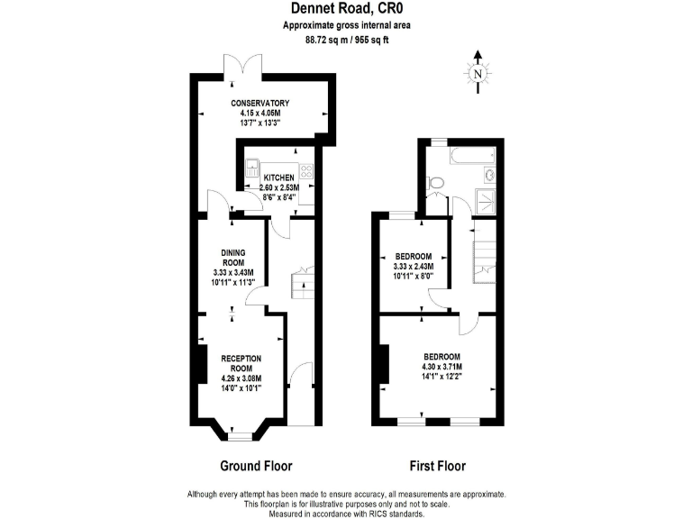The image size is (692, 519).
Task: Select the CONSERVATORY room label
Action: (259, 103)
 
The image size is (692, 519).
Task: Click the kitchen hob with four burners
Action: (305, 168)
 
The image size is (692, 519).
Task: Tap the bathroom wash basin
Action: (489, 176)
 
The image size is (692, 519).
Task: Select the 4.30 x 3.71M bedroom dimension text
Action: (442, 367)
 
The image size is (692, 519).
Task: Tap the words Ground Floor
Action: (256, 466)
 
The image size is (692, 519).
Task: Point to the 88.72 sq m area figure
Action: (316, 40)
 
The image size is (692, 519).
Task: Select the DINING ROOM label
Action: (233, 257)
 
